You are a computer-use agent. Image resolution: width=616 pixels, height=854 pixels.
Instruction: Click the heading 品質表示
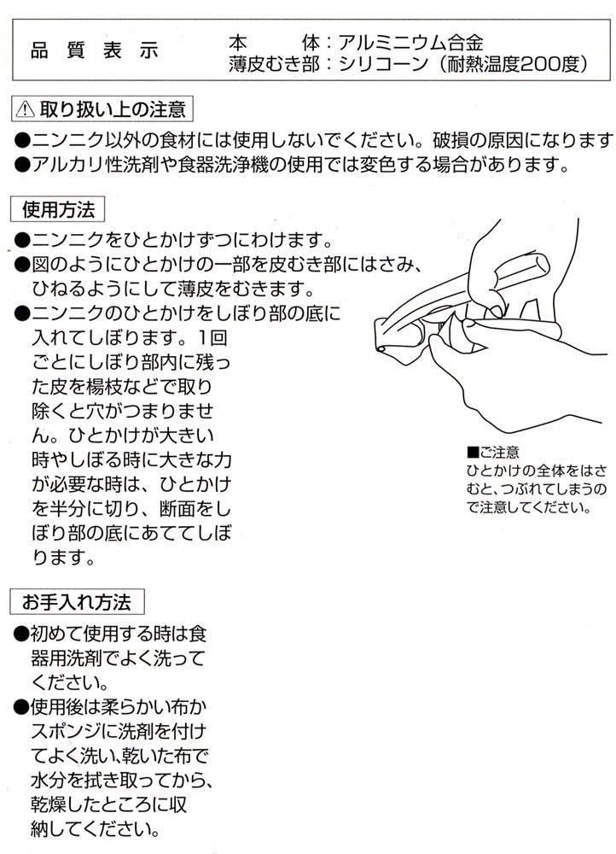(x=94, y=50)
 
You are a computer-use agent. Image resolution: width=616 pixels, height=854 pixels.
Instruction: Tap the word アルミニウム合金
(x=410, y=43)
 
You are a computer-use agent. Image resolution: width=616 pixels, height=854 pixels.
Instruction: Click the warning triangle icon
(x=25, y=109)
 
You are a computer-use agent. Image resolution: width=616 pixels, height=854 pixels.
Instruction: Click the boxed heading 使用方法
(x=58, y=210)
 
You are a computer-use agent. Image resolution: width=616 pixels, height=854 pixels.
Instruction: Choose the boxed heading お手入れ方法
(x=77, y=602)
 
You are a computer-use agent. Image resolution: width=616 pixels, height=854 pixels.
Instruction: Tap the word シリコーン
(x=384, y=64)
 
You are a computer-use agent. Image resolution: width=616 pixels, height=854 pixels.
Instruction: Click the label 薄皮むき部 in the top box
(x=274, y=64)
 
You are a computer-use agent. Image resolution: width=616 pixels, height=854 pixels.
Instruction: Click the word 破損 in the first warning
(x=450, y=141)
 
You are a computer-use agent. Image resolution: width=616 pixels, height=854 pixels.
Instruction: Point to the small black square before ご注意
(x=472, y=453)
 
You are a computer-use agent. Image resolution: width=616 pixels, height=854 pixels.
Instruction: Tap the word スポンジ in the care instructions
(x=67, y=731)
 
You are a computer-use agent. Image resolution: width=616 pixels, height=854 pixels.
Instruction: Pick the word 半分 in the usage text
(x=68, y=509)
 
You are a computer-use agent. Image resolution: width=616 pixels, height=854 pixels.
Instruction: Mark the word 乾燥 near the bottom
(x=49, y=804)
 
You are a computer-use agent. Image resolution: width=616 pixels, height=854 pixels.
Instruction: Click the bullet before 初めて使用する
(x=20, y=634)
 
